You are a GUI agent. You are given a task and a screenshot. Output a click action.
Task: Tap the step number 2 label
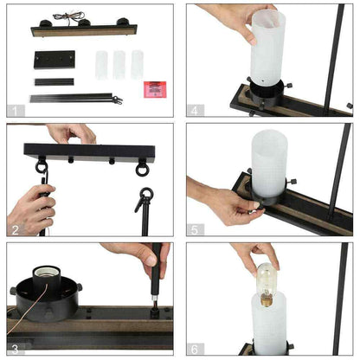tap(16, 230)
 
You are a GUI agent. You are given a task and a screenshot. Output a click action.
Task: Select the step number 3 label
tap(15, 349)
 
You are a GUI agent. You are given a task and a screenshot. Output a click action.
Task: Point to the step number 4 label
tap(195, 111)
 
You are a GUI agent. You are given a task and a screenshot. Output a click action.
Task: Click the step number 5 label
tap(195, 230)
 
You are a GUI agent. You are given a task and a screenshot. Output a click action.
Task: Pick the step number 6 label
tap(195, 349)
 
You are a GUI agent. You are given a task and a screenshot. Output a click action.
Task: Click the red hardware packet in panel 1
tap(155, 89)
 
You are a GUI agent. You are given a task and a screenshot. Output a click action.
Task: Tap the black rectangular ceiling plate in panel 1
tap(55, 60)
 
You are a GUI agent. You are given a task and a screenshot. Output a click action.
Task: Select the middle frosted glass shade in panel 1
tap(119, 65)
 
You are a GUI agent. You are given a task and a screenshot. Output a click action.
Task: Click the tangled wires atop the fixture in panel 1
tap(69, 16)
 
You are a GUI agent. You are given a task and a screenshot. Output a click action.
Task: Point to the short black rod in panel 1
tap(55, 82)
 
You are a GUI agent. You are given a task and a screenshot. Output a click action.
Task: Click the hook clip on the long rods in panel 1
tap(118, 100)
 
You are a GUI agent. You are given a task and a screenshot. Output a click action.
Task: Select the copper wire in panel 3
tap(28, 310)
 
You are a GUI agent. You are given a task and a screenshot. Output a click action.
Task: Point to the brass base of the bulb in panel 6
tap(267, 301)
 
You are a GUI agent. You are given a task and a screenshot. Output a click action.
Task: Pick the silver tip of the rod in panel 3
tap(155, 298)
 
